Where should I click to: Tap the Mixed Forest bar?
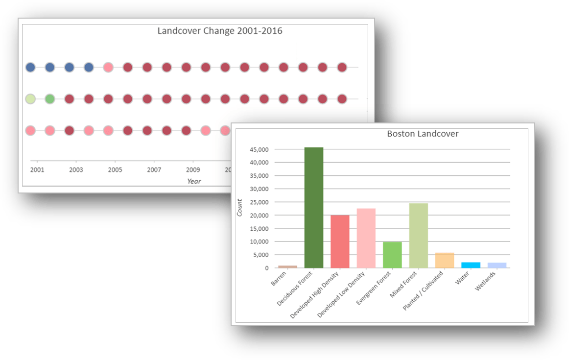coord(418,235)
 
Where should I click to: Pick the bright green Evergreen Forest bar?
coord(392,255)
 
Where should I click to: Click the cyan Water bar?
coord(471,265)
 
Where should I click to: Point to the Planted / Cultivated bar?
coord(445,260)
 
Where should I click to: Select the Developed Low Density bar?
coord(366,238)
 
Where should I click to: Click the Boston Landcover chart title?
coord(423,134)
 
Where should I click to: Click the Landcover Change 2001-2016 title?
coord(219,31)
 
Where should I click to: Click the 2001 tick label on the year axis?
coord(37,170)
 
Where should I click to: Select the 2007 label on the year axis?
coord(154,170)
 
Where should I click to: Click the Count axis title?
coord(239,208)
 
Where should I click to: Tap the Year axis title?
coord(194,181)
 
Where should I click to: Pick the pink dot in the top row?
coord(108,67)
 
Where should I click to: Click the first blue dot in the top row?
coord(30,67)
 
